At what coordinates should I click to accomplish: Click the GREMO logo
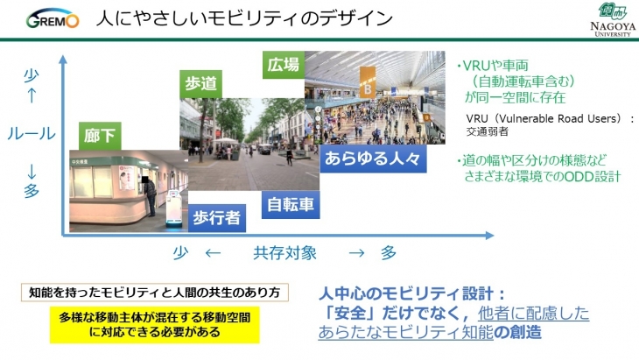(53, 18)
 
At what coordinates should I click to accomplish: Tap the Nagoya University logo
(613, 19)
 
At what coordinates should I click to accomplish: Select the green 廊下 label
(100, 136)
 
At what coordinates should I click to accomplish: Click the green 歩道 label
(200, 84)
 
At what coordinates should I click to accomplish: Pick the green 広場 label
(284, 65)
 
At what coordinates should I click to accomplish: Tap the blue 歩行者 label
(217, 218)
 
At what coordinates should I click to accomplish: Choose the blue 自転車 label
(291, 205)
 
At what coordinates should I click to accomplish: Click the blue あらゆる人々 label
(373, 159)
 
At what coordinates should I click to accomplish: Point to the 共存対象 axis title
(284, 253)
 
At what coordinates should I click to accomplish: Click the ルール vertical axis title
(32, 134)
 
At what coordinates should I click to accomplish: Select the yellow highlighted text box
(154, 325)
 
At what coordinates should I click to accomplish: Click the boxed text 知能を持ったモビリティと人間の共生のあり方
(154, 293)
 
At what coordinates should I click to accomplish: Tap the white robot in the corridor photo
(173, 208)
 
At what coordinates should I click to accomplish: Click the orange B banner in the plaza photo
(367, 82)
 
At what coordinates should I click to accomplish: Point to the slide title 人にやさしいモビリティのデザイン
(244, 18)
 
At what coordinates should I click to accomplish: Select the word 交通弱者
(487, 131)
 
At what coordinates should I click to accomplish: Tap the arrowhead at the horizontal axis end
(490, 236)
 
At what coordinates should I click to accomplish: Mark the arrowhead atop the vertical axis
(63, 60)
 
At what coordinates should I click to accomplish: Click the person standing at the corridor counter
(150, 195)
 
